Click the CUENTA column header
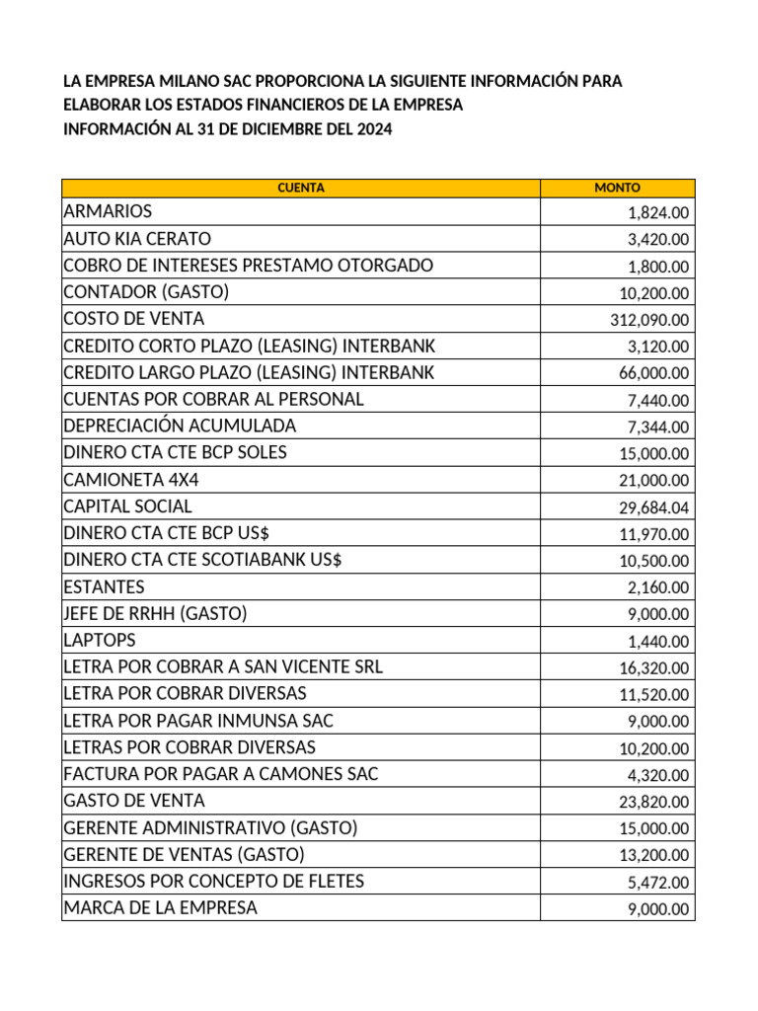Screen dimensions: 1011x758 (301, 188)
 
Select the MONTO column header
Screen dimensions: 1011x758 (617, 188)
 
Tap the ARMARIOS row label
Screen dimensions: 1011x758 (108, 211)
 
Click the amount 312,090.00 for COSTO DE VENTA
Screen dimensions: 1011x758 (650, 320)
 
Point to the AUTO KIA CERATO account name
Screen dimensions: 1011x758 (137, 239)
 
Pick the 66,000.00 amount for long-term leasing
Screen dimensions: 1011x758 (654, 373)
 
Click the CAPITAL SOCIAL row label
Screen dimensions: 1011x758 (127, 506)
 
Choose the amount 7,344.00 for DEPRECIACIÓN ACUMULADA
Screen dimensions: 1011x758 (658, 427)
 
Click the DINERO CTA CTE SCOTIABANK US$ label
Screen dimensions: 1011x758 (202, 560)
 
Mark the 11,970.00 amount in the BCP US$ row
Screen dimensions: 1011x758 (654, 534)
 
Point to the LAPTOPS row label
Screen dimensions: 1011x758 (100, 640)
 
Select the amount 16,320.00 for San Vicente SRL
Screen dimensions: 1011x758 (654, 667)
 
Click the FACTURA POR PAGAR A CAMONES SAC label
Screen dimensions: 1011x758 (220, 774)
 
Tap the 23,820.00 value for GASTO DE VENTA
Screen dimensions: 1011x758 (654, 802)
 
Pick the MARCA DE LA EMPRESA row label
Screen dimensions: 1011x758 (160, 907)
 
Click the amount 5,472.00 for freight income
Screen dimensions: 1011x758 (658, 882)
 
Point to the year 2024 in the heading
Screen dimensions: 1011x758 (374, 129)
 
